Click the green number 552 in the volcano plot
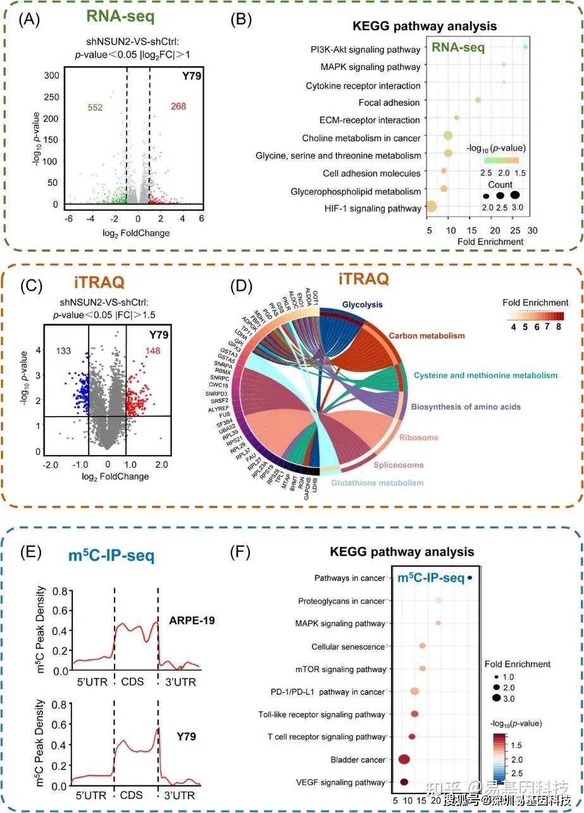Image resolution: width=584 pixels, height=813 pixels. pyautogui.click(x=95, y=107)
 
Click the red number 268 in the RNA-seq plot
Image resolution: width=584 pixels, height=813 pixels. pyautogui.click(x=178, y=106)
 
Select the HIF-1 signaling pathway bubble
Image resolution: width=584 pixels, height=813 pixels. pyautogui.click(x=431, y=206)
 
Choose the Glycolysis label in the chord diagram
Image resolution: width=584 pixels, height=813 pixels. pyautogui.click(x=363, y=305)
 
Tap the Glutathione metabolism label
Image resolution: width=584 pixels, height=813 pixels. pyautogui.click(x=377, y=484)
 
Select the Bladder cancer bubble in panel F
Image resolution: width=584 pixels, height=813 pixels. pyautogui.click(x=404, y=759)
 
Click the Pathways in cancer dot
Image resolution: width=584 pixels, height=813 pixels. pyautogui.click(x=470, y=578)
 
